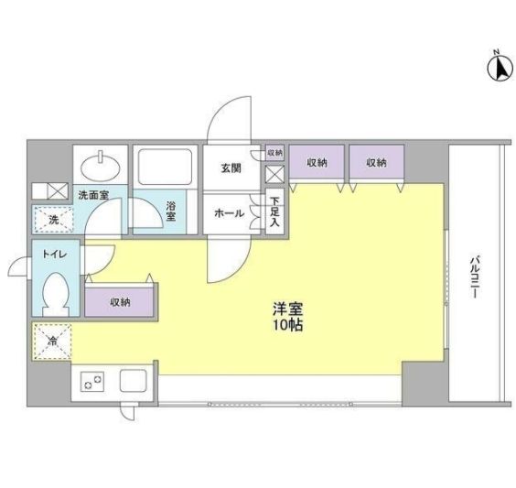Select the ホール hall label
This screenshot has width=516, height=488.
click(229, 213)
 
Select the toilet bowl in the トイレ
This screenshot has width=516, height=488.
click(57, 295)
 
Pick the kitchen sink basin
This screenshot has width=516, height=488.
click(130, 381)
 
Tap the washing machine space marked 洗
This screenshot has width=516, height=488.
click(52, 220)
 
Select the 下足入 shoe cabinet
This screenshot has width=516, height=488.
click(274, 213)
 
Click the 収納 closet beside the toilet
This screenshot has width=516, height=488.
click(120, 301)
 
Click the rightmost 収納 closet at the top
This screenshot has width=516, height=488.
click(376, 163)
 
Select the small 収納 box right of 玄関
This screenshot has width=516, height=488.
click(275, 152)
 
